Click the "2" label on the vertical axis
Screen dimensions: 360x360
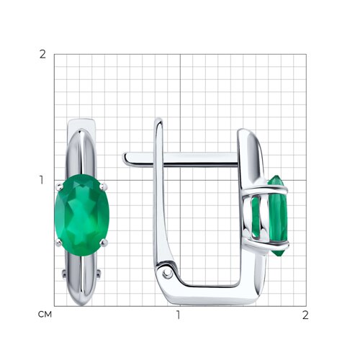(42, 55)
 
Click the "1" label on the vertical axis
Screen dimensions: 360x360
(42, 180)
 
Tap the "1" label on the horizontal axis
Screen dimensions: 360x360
(178, 315)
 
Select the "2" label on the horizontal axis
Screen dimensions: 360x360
(305, 315)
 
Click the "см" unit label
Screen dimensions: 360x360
(45, 314)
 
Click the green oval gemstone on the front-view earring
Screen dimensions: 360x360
(82, 215)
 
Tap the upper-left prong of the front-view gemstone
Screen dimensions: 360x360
(59, 186)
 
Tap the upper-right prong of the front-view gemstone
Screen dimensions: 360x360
(104, 186)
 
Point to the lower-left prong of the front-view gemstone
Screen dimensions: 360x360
(59, 243)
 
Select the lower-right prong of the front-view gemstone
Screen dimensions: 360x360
(104, 243)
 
